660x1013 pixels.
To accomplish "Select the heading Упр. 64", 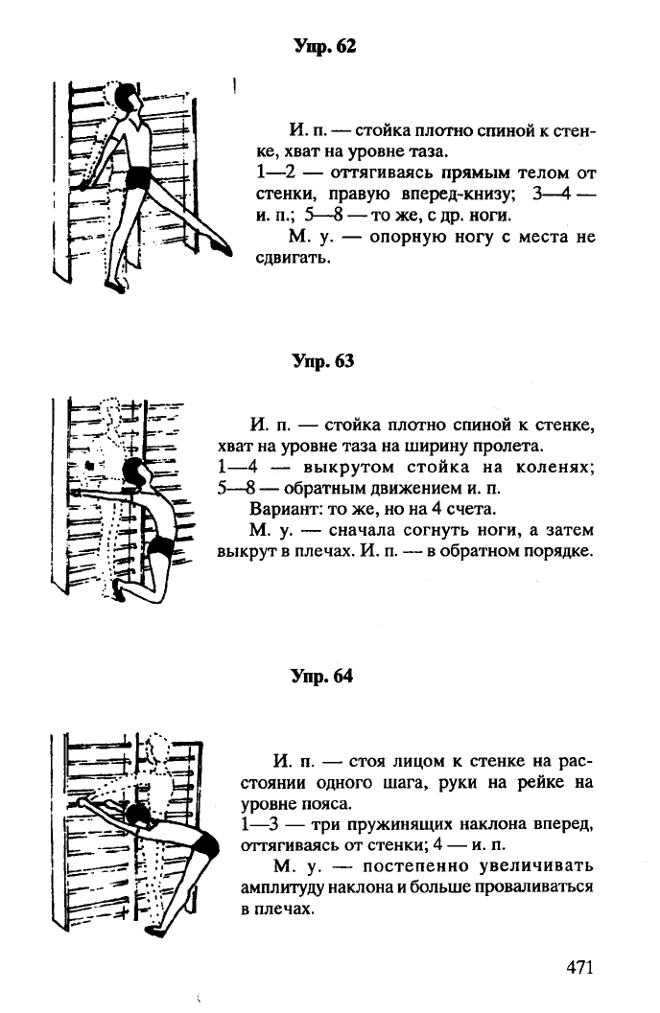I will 323,676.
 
